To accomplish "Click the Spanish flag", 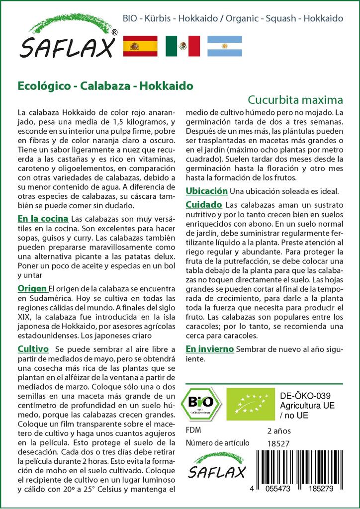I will [140, 46].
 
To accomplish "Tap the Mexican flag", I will [182, 46].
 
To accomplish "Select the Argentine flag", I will [225, 46].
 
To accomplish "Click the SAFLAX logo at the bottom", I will [217, 465].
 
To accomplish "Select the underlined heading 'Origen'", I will [32, 288].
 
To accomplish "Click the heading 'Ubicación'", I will [207, 191].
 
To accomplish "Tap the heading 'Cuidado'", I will [204, 205].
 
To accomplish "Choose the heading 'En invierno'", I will [210, 349].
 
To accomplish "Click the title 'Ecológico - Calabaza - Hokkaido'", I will [105, 85].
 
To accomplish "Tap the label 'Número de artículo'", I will [217, 443].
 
